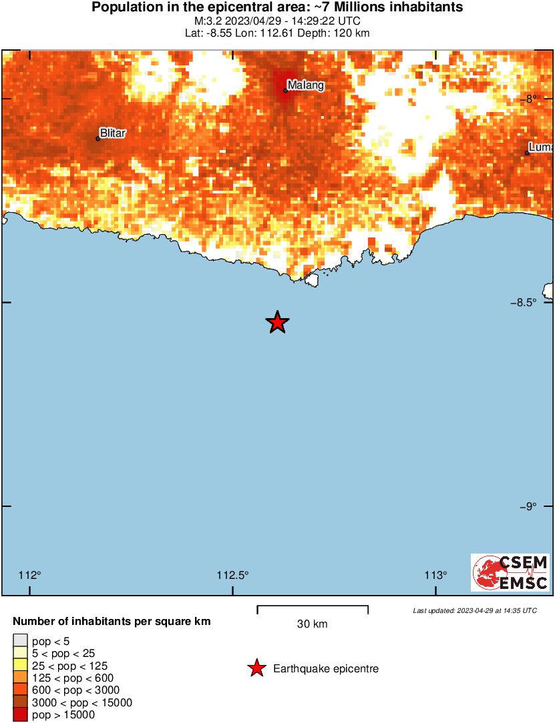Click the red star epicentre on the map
click(277, 322)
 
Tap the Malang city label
click(305, 85)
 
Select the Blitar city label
click(112, 133)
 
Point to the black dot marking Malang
click(286, 90)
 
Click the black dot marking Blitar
click(98, 138)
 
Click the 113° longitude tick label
click(436, 575)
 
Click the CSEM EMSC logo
click(510, 572)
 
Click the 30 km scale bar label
click(312, 624)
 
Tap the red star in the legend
click(256, 668)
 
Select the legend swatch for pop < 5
click(20, 642)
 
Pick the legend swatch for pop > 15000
click(20, 715)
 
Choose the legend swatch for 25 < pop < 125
click(20, 666)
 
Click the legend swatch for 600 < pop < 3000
click(20, 690)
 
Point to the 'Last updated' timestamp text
click(474, 610)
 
